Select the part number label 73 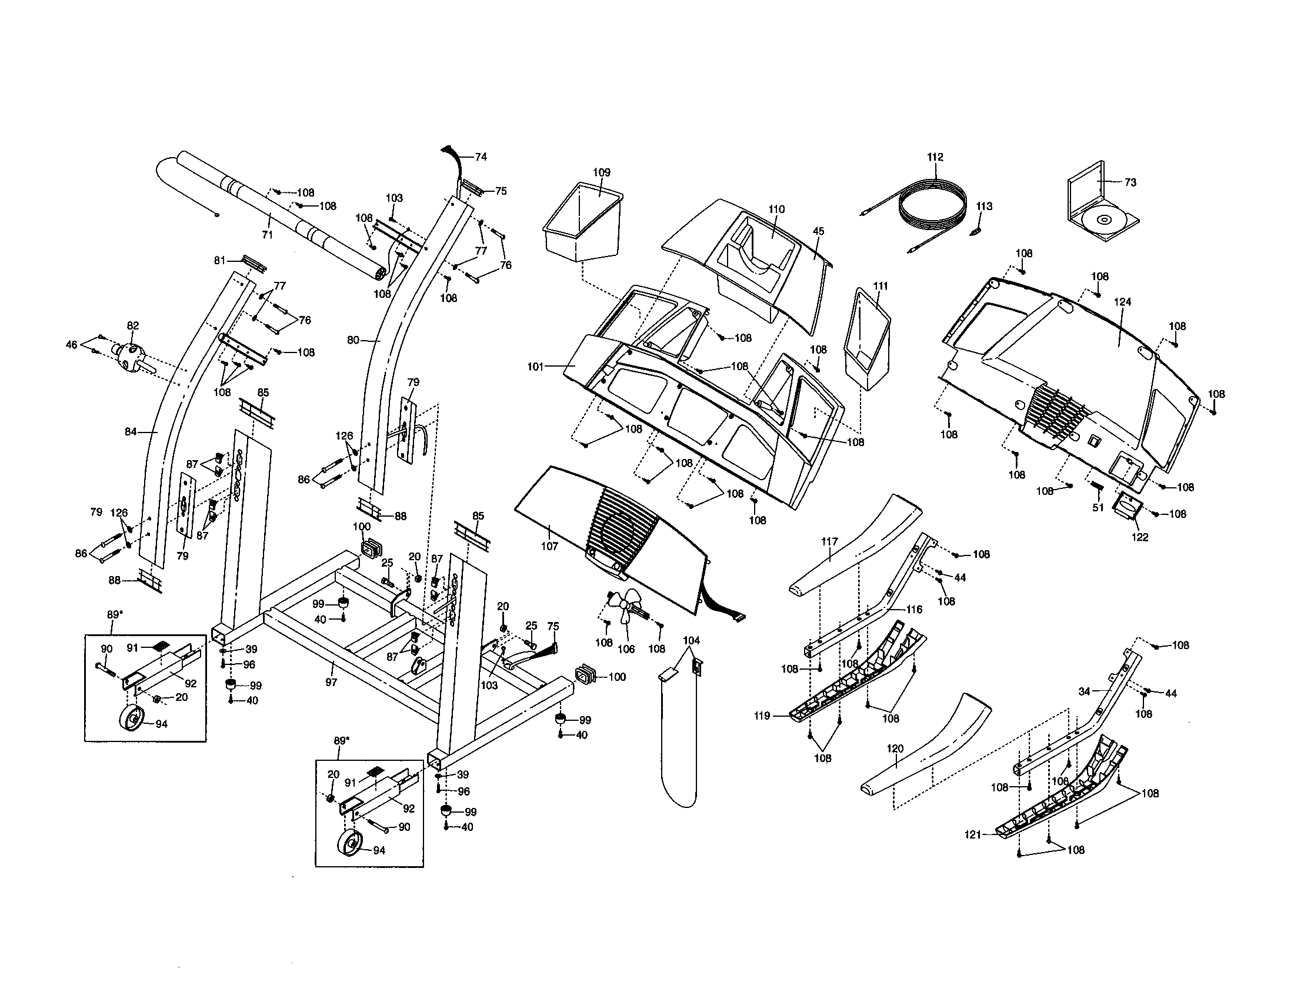(1130, 182)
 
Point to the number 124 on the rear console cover (1122, 302)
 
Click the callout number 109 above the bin (601, 172)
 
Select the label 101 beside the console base (535, 367)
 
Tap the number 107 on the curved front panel (549, 546)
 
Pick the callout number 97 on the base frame (331, 682)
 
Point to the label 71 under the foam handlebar (267, 235)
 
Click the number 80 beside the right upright (353, 341)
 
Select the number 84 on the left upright (131, 432)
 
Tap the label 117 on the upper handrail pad (829, 541)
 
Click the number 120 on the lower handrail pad (895, 748)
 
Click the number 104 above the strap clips (691, 641)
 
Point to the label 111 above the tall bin (881, 286)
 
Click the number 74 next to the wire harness (481, 157)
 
